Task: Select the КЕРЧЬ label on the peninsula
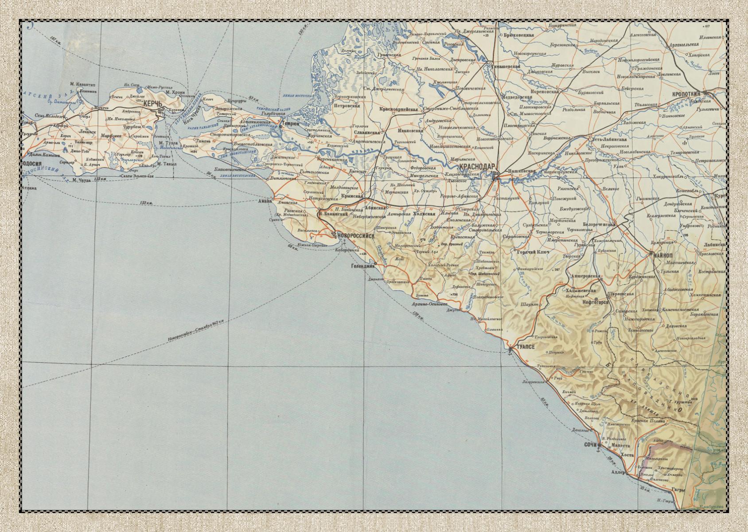click(x=151, y=102)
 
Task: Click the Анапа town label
click(x=266, y=201)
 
